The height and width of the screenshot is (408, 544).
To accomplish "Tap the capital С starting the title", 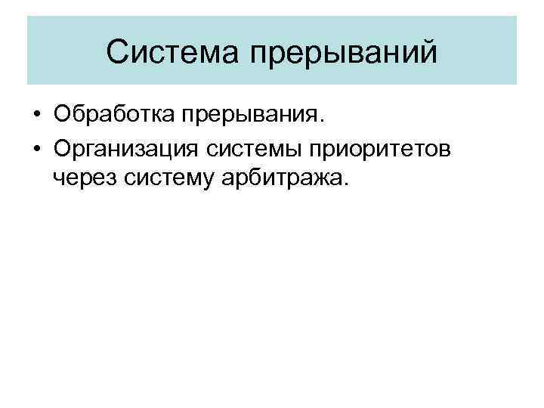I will coord(117,51).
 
